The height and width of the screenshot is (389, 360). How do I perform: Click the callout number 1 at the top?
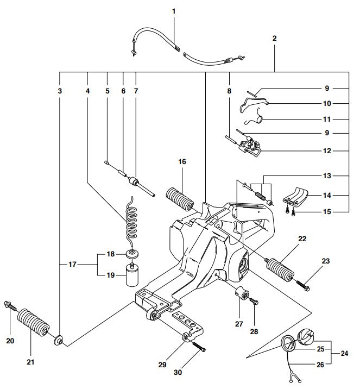(174, 11)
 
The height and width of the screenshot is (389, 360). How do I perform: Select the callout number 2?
(275, 39)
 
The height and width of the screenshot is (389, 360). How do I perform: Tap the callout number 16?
(182, 161)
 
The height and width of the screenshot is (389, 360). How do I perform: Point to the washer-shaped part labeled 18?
(132, 254)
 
